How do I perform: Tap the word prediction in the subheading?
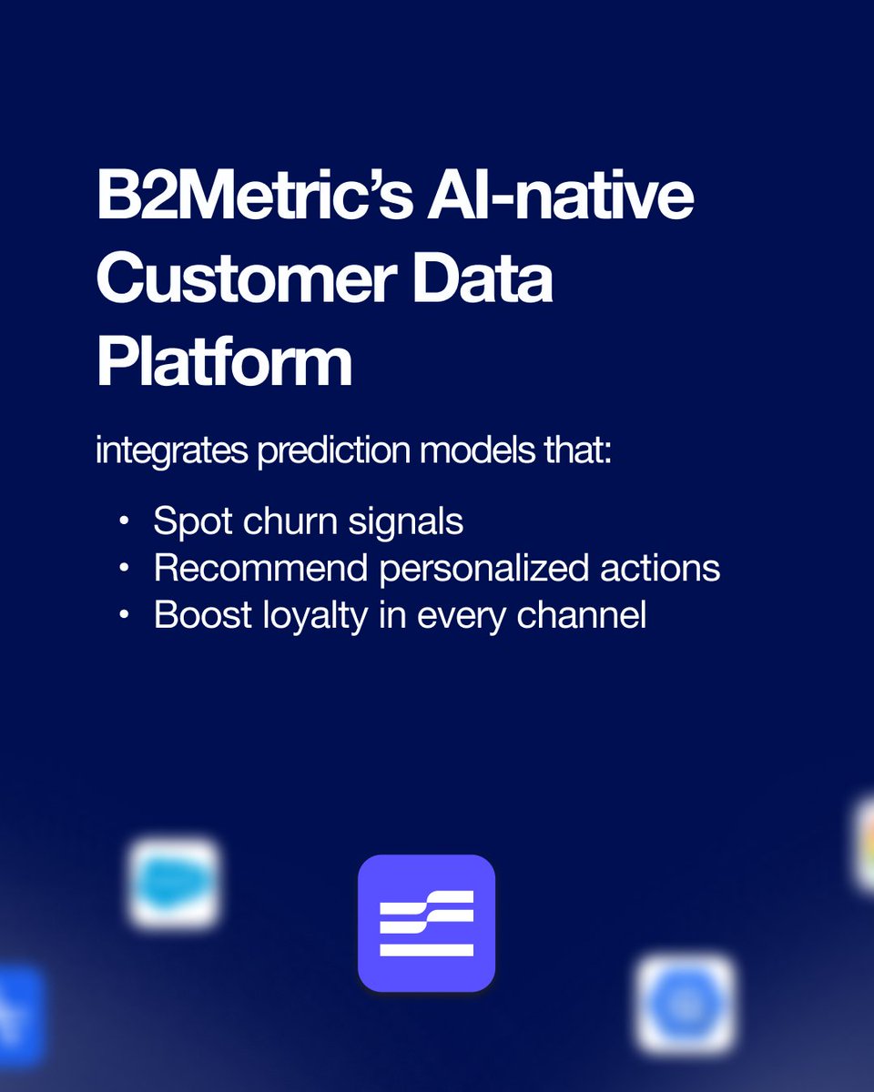pos(336,452)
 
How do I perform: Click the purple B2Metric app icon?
pos(426,923)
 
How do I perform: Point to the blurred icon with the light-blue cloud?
pos(174,884)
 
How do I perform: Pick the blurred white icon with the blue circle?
pos(686,1004)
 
